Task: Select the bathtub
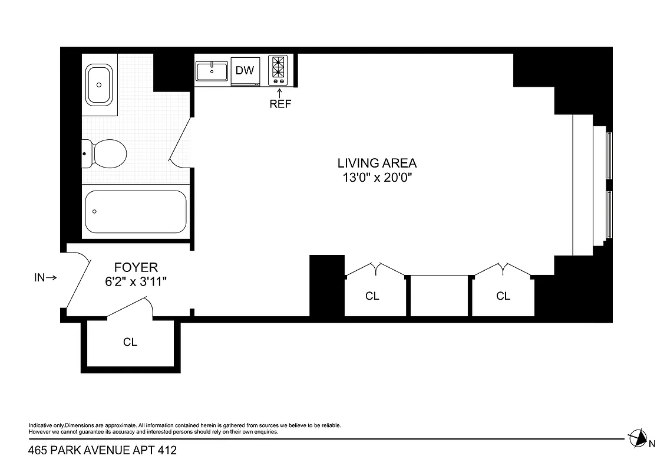(x=136, y=212)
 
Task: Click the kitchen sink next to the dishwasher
(x=212, y=71)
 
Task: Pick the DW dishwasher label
(x=245, y=71)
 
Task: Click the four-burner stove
(x=278, y=70)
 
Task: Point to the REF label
(x=280, y=104)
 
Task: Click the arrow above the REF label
(x=280, y=92)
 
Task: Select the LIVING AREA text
(x=377, y=163)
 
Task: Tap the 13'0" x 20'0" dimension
(x=377, y=178)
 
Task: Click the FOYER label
(x=136, y=268)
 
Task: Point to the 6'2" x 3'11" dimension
(x=136, y=282)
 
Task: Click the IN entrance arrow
(x=45, y=277)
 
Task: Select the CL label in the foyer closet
(x=130, y=342)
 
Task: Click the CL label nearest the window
(x=503, y=296)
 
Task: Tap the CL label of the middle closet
(x=372, y=296)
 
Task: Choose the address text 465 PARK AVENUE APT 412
(x=103, y=451)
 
